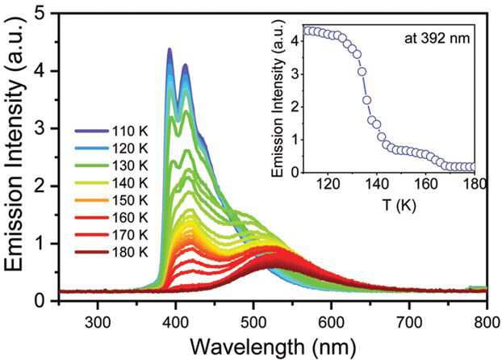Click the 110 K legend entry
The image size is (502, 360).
[111, 131]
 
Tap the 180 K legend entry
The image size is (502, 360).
[111, 253]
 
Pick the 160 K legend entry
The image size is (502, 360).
[111, 218]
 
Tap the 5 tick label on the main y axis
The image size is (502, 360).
[40, 14]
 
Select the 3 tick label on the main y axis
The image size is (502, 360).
[40, 128]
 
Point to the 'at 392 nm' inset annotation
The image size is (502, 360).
[437, 39]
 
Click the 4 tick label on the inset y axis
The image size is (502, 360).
[295, 41]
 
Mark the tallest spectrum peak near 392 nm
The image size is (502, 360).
[169, 49]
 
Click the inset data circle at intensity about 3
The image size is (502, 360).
[362, 72]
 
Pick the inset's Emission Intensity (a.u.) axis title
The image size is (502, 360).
[278, 98]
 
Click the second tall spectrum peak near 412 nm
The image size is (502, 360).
[185, 65]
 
